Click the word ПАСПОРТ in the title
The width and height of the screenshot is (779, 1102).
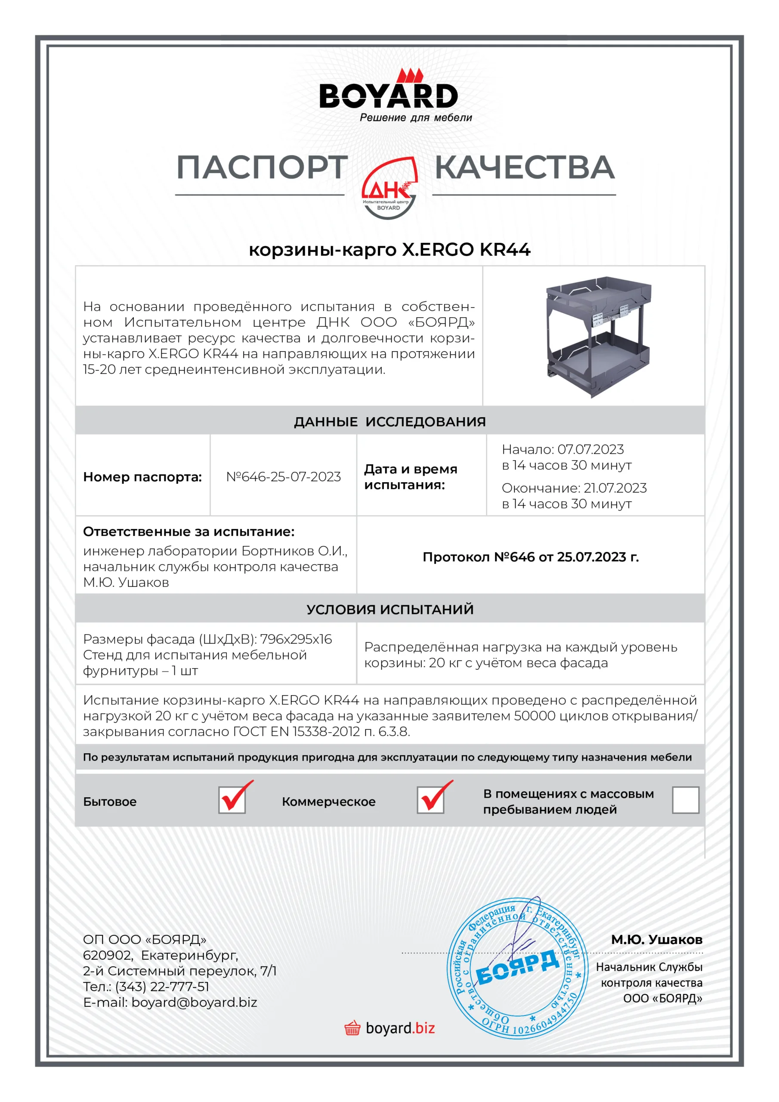pyautogui.click(x=262, y=167)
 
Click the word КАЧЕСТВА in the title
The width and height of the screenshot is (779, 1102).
pyautogui.click(x=524, y=167)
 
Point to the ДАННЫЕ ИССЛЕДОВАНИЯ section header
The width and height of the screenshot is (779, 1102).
pyautogui.click(x=390, y=421)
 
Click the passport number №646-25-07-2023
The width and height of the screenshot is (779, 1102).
pyautogui.click(x=283, y=477)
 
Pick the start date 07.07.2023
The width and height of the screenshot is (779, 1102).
pyautogui.click(x=590, y=449)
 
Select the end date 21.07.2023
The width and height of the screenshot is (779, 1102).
pyautogui.click(x=615, y=488)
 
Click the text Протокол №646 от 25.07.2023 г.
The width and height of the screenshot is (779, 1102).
pyautogui.click(x=530, y=557)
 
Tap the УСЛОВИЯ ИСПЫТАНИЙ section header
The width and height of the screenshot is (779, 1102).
pyautogui.click(x=390, y=609)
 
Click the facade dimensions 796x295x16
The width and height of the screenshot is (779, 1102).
pyautogui.click(x=296, y=639)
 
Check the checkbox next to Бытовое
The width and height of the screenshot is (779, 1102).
pyautogui.click(x=232, y=800)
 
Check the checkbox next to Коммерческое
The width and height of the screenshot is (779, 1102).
pyautogui.click(x=430, y=800)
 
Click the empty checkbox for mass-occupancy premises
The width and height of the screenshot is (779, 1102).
pyautogui.click(x=686, y=800)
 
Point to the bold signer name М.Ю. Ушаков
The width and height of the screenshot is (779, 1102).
pyautogui.click(x=656, y=939)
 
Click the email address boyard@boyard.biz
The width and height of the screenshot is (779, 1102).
pyautogui.click(x=195, y=1002)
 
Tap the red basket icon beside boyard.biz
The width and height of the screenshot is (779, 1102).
pyautogui.click(x=352, y=1028)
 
